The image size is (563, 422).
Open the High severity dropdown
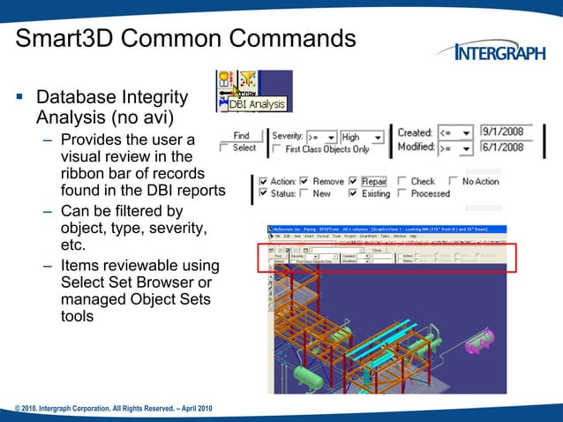[x=378, y=137]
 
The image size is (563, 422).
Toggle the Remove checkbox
[x=304, y=182]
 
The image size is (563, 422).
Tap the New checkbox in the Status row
[x=304, y=193]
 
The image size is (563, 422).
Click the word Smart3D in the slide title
[x=72, y=39]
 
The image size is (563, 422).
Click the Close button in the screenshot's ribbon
[x=378, y=250]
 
